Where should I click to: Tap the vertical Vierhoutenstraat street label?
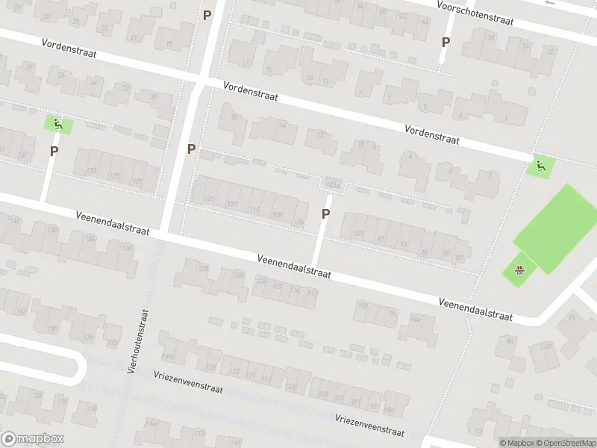(x=138, y=341)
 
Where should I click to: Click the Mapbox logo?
(x=33, y=439)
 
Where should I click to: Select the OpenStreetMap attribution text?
(x=563, y=443)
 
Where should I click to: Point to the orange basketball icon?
(x=520, y=270)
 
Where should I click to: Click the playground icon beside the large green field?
(x=540, y=166)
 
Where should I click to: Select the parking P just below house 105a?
(x=325, y=214)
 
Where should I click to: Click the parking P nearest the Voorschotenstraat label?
(x=446, y=43)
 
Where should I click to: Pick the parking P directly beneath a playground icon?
(x=54, y=152)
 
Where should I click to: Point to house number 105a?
(x=332, y=184)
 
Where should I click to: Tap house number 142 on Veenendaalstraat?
(x=16, y=220)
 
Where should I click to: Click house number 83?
(x=459, y=258)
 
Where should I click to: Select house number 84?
(x=510, y=340)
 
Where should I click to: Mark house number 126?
(x=239, y=275)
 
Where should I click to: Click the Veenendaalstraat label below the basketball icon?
(x=475, y=308)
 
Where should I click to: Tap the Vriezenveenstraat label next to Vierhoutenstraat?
(x=189, y=382)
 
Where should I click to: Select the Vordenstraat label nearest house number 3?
(x=431, y=134)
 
